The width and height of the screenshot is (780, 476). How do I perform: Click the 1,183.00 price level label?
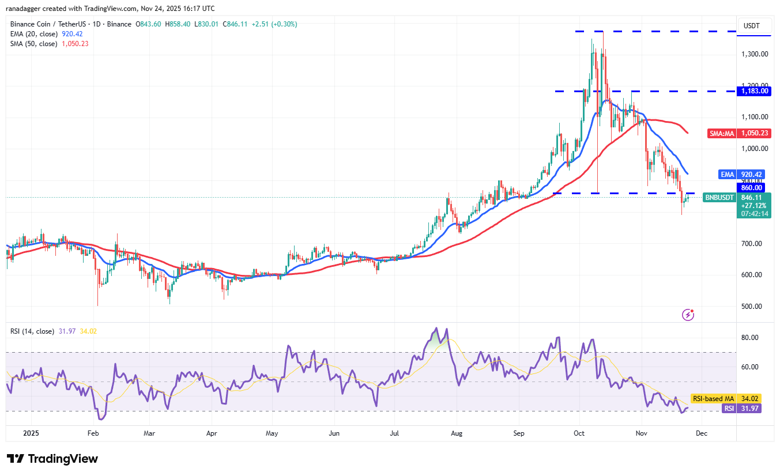point(755,91)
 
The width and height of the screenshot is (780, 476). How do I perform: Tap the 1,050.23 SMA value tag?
point(755,133)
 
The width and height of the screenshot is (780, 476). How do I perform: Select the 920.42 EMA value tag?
point(755,173)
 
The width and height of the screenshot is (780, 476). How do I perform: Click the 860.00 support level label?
point(751,187)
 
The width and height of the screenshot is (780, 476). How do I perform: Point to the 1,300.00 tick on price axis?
point(755,54)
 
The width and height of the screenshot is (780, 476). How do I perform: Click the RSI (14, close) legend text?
point(32,331)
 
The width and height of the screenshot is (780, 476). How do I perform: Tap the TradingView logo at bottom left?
point(52,459)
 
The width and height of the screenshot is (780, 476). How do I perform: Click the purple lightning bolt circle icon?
point(688,315)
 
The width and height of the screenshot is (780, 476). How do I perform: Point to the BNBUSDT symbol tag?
point(719,198)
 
